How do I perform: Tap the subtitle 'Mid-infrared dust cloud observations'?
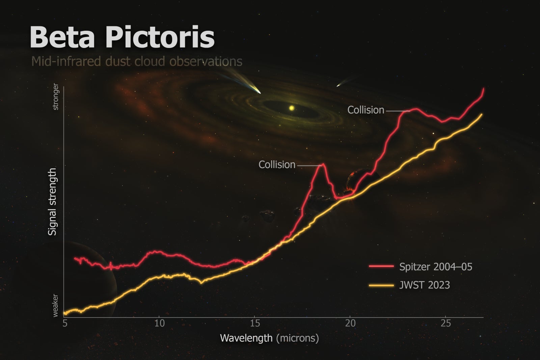pos(137,62)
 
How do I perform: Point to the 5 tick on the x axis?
pos(65,323)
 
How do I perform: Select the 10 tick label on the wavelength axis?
pos(159,323)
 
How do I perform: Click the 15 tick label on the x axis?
pos(255,323)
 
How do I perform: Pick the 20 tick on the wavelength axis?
pos(350,323)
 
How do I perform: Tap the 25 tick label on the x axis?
pos(446,323)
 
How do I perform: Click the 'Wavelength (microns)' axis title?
pos(269,338)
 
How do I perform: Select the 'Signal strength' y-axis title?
pos(52,202)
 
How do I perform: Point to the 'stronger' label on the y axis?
pos(56,97)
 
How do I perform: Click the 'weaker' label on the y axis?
pos(56,305)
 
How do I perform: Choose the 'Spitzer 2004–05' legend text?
pos(435,267)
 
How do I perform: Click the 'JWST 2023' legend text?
pos(424,285)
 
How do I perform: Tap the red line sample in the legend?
pos(381,267)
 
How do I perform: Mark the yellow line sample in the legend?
pos(381,285)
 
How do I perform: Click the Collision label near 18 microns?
pos(277,165)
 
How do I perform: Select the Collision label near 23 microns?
pos(366,110)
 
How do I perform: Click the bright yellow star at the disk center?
pos(292,108)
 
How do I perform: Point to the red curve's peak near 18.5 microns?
pos(323,164)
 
